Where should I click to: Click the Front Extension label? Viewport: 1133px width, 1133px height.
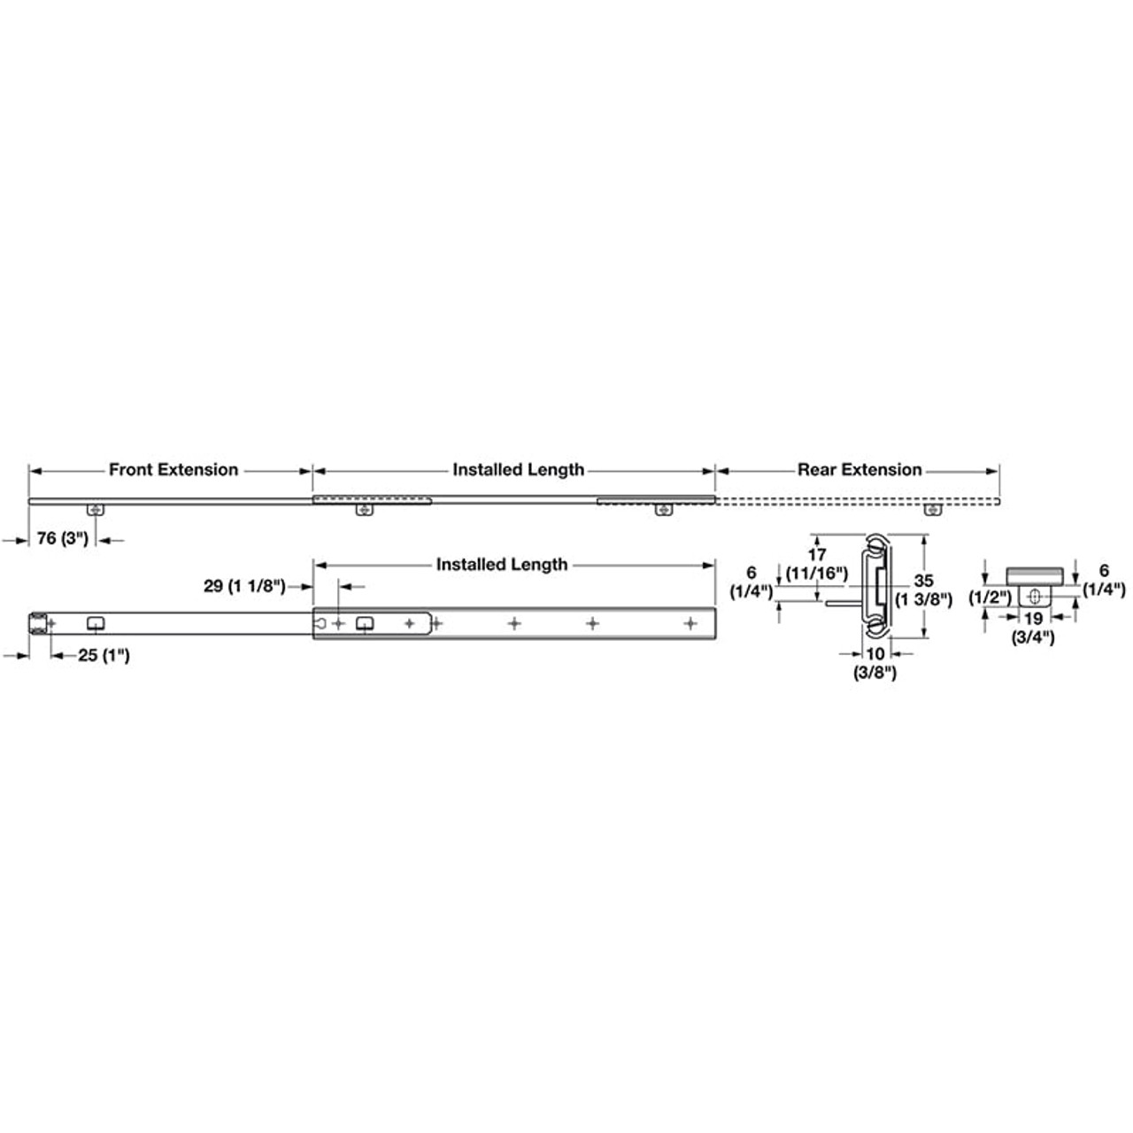click(173, 470)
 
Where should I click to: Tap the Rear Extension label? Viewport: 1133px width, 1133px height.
click(859, 470)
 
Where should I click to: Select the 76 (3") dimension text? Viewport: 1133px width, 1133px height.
click(63, 539)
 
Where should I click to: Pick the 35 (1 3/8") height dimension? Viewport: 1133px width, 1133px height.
click(923, 590)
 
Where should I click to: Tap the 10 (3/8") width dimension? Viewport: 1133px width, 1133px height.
click(875, 663)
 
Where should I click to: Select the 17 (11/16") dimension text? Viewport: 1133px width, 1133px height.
click(817, 564)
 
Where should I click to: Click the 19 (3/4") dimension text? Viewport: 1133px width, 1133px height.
click(1033, 628)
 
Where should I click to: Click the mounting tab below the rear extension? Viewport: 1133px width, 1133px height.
click(930, 510)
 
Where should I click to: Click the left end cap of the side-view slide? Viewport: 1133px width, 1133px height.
click(38, 623)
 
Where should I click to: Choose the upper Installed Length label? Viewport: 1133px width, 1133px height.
click(518, 470)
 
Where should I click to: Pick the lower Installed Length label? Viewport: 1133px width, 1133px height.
click(502, 565)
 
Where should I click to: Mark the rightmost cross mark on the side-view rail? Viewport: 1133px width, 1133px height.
click(690, 624)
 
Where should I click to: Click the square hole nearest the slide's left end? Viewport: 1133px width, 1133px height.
click(95, 623)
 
